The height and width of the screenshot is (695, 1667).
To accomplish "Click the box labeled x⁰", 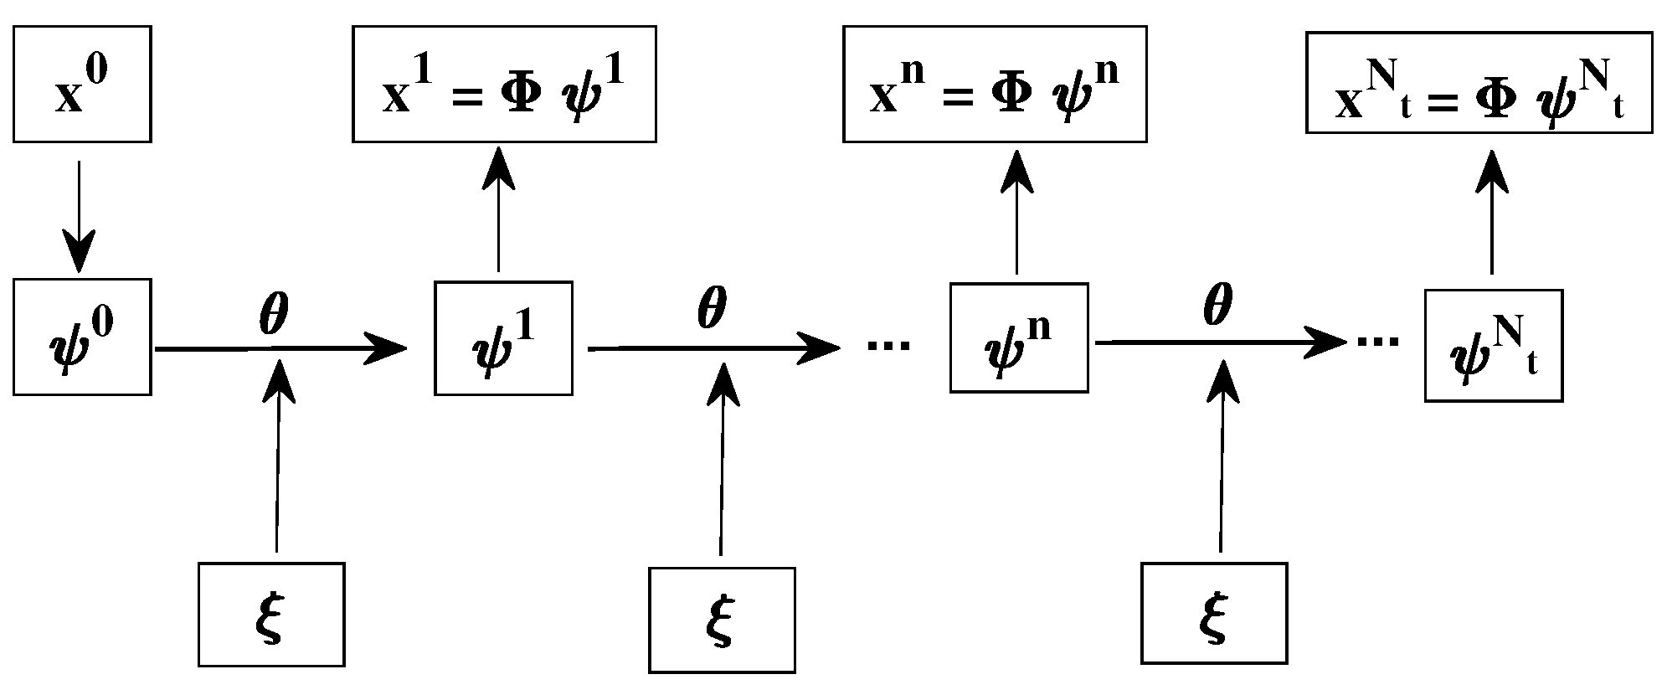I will (x=82, y=84).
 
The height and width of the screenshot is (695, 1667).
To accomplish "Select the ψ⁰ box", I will (x=82, y=337).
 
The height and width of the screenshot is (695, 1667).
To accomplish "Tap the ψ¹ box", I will (x=503, y=337).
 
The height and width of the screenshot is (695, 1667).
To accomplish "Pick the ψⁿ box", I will (x=1019, y=337).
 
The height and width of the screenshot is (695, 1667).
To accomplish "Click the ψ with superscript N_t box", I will (x=1494, y=346).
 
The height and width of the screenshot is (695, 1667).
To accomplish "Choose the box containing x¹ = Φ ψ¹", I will (x=504, y=84).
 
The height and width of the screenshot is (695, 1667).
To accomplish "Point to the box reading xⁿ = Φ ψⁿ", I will (x=995, y=84).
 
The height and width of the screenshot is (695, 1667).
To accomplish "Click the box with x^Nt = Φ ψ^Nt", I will (x=1479, y=82).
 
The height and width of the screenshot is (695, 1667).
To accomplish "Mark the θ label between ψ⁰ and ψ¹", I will (x=274, y=315).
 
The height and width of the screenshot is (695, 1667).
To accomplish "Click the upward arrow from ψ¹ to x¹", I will (x=499, y=209).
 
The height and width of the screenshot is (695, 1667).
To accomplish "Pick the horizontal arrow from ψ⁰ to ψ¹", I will (x=280, y=347).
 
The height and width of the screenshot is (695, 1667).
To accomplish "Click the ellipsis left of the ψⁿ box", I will (x=888, y=344).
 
